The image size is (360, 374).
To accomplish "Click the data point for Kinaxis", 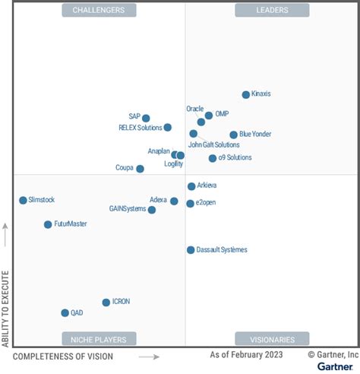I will point(245,95).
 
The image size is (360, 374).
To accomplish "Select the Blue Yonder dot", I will point(233,135).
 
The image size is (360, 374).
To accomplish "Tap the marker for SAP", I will point(146,118).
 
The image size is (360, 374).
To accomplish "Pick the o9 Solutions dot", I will point(213,158).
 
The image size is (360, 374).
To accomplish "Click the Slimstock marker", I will point(23,201).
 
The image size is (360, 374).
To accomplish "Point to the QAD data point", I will point(65,312).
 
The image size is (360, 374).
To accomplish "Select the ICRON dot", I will point(106,303).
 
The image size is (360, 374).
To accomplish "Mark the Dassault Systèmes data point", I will point(191,250).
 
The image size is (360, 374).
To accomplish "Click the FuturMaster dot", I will point(48,224).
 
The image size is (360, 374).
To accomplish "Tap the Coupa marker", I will point(140,169).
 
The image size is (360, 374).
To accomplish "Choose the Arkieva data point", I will point(191,186).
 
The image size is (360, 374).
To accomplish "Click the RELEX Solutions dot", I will point(167,128).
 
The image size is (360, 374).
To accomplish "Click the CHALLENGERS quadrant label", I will point(99,10).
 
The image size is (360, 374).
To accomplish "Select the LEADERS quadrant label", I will point(272,10).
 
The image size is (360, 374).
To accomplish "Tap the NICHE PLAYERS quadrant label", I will point(99,339).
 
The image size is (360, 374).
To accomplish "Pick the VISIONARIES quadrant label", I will point(272,339).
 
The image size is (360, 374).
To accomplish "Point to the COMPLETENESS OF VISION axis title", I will point(63,356).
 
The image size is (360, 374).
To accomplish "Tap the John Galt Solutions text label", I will point(213,144).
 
